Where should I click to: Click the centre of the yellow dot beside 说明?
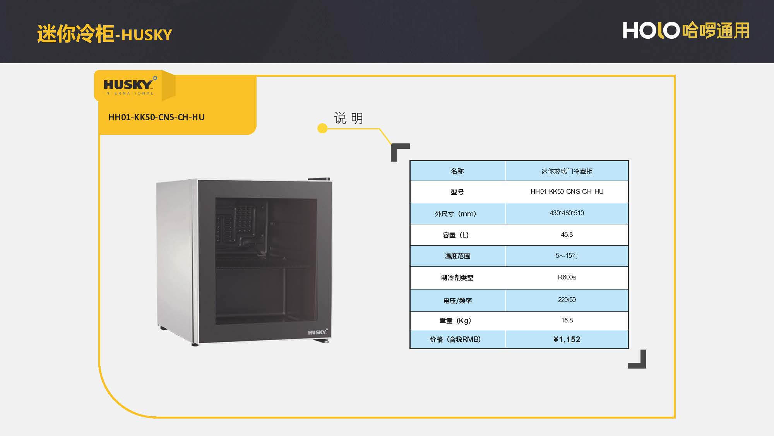coord(322,128)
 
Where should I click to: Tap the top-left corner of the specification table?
coord(410,160)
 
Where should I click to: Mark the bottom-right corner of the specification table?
coord(629,349)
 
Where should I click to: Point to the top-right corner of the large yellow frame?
coord(675,76)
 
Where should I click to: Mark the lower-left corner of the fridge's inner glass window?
coord(216,324)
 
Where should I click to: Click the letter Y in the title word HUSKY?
coord(167,35)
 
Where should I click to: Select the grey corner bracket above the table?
coord(400,152)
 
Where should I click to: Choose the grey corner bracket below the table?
coord(637,359)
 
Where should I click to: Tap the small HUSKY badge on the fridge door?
coord(318,332)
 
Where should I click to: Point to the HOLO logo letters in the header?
coord(651,30)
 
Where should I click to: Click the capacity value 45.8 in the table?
coord(567,235)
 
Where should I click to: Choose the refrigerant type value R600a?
coord(567,277)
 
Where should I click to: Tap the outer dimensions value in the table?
coord(567,213)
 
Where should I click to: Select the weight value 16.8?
coord(567,321)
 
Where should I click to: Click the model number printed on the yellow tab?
coord(156,117)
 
